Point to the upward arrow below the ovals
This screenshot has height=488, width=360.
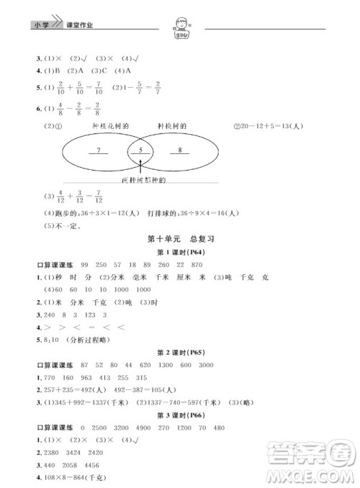(x=141, y=171)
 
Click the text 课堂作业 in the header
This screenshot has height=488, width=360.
(x=81, y=26)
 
